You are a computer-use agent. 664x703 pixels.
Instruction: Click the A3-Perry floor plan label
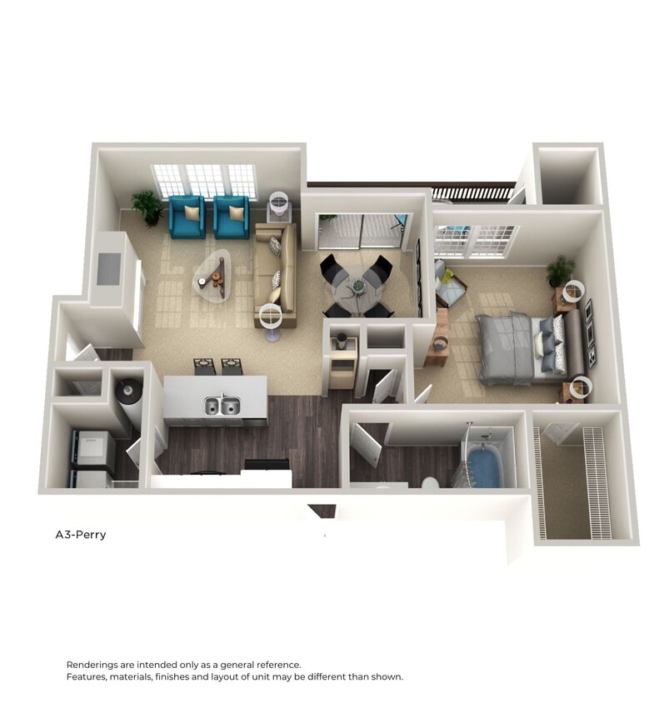[81, 535]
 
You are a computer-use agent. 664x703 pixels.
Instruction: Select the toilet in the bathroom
[431, 483]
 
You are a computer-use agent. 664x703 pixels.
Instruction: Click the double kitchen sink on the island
[222, 406]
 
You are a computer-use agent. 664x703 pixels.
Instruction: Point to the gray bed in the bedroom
[517, 349]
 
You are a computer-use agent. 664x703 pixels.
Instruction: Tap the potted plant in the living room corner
[148, 206]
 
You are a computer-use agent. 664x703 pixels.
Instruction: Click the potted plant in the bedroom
[560, 270]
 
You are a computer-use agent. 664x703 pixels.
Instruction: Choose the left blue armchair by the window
[187, 217]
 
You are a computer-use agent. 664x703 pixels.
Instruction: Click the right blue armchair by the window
[231, 217]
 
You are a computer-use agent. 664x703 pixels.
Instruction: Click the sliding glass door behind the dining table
[360, 231]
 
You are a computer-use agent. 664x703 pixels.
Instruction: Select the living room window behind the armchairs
[205, 179]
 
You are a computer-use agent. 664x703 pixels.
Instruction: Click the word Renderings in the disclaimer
[94, 665]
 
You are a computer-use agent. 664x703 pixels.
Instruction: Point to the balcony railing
[472, 193]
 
